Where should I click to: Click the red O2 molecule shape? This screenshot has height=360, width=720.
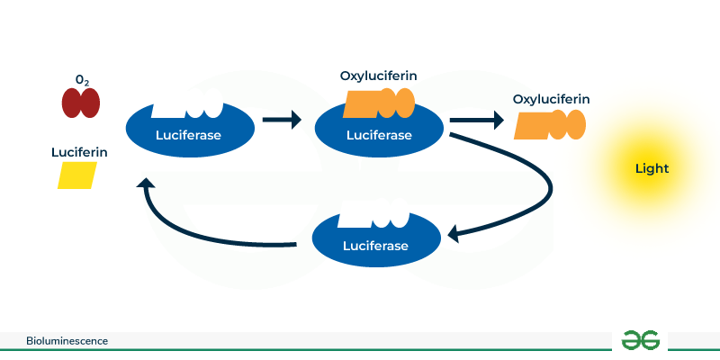[x=81, y=103]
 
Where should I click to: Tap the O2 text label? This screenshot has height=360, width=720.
[x=82, y=81]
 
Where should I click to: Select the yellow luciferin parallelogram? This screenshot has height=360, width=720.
[x=77, y=175]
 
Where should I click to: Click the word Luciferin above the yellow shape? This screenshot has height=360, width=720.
[x=79, y=153]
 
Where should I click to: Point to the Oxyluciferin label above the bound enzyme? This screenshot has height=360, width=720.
[x=378, y=76]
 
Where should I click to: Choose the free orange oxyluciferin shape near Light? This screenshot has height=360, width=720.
[x=550, y=125]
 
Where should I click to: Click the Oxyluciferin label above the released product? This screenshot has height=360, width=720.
[x=551, y=98]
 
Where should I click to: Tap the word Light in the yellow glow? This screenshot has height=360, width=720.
[x=652, y=168]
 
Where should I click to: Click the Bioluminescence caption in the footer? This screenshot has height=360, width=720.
[x=67, y=341]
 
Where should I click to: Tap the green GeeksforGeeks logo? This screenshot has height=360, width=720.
[x=640, y=340]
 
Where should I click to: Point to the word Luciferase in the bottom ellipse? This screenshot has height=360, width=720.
[x=375, y=246]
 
